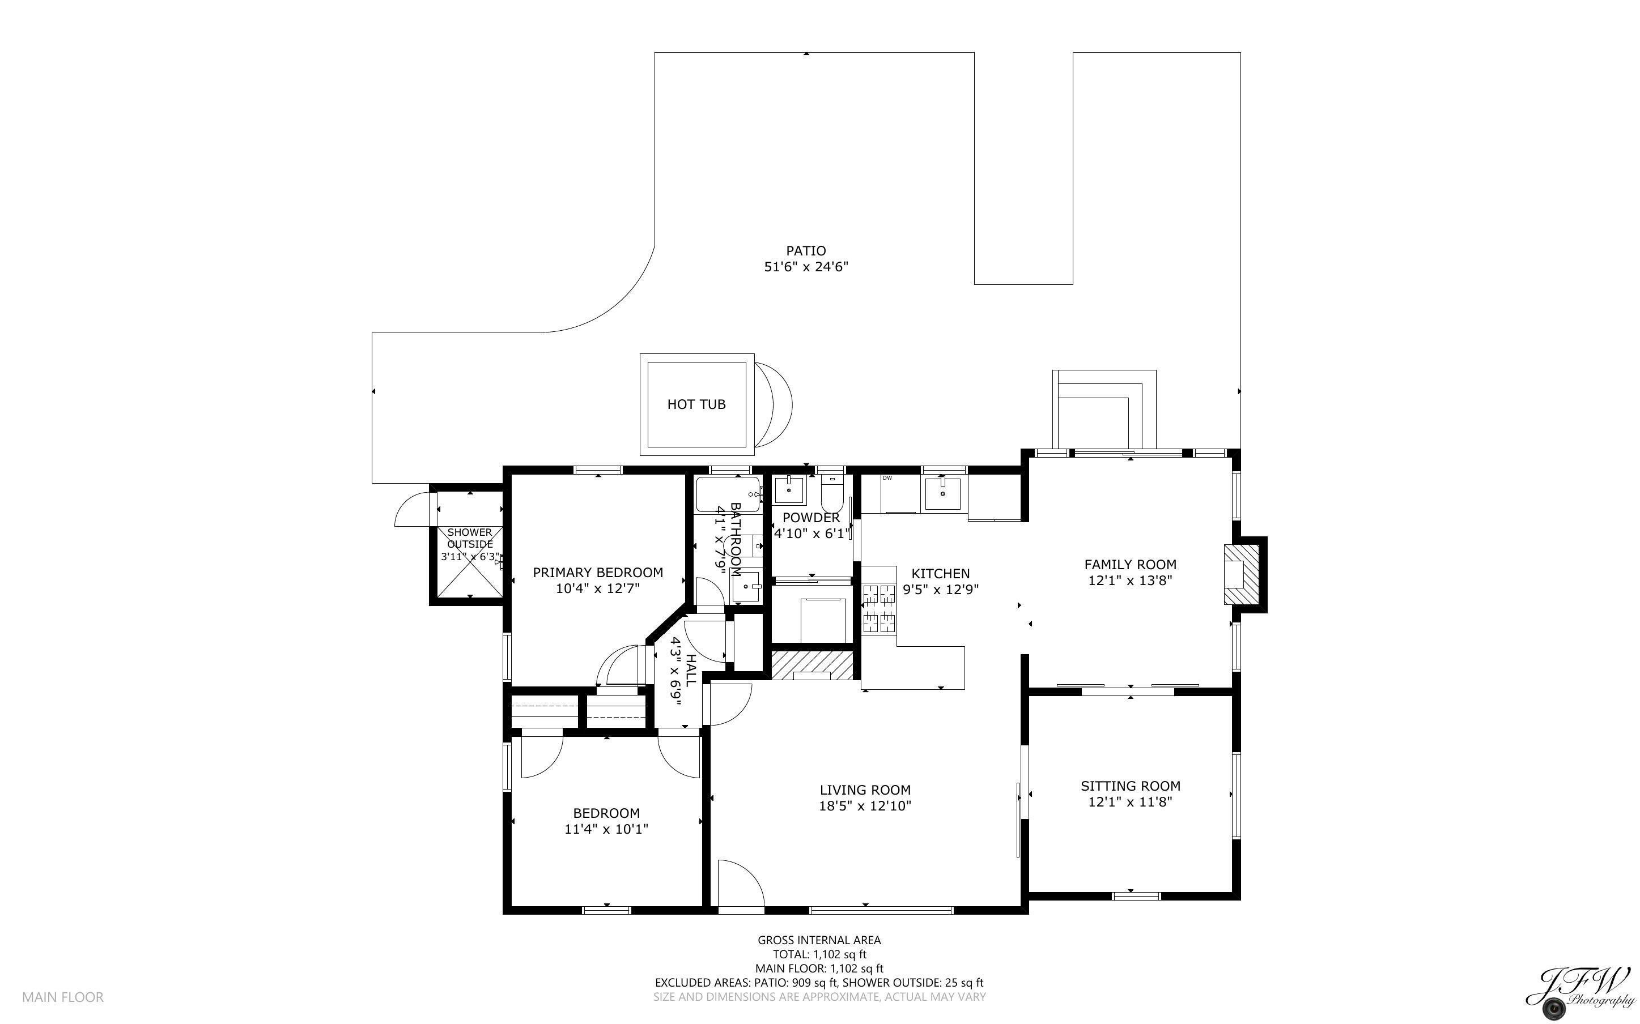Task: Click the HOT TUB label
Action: [x=696, y=404]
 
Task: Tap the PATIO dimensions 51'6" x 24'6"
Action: [x=806, y=267]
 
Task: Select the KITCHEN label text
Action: [x=940, y=574]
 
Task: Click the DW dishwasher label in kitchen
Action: [x=887, y=478]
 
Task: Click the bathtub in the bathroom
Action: [x=728, y=494]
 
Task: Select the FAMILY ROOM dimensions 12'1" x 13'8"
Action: [x=1130, y=581]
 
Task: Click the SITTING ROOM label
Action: [x=1131, y=786]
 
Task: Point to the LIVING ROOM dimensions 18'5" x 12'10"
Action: [x=865, y=806]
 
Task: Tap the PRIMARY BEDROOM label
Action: [x=597, y=572]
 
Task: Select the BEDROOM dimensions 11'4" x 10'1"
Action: [x=606, y=829]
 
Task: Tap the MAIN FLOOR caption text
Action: [x=63, y=997]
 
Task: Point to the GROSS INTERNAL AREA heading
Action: [x=819, y=940]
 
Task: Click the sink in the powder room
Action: [x=790, y=490]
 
